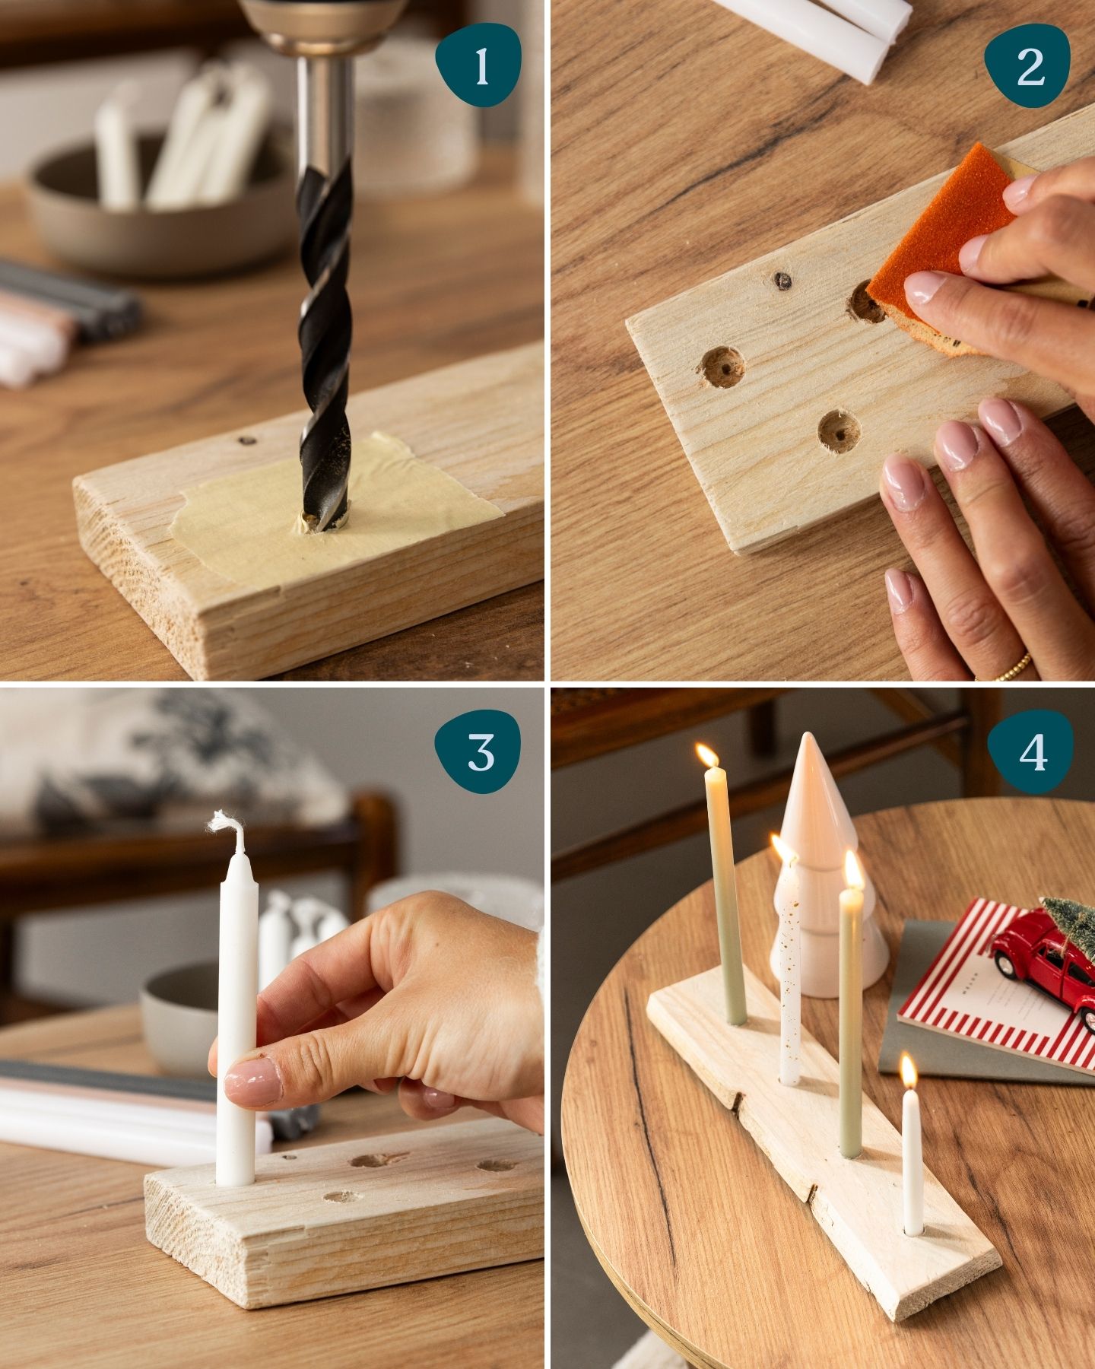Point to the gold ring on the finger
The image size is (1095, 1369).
(1005, 667)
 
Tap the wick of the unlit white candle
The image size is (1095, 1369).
(228, 829)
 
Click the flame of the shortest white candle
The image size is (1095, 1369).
(909, 1070)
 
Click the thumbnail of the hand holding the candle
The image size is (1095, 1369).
(253, 1085)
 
